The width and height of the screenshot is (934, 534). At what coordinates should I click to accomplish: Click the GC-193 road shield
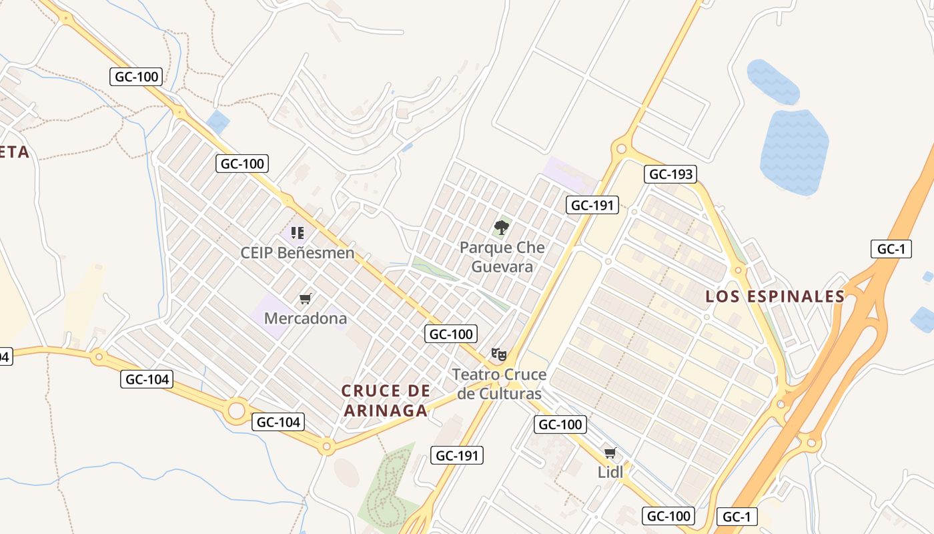coord(670,175)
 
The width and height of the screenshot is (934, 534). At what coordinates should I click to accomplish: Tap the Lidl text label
coord(610,472)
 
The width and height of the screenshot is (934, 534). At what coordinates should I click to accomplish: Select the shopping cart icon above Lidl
coord(610,453)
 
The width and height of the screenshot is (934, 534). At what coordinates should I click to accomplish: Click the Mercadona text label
coord(306,318)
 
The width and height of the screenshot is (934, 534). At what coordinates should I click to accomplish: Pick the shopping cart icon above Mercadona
coord(305,298)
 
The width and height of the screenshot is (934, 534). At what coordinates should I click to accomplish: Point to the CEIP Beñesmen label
coord(298,253)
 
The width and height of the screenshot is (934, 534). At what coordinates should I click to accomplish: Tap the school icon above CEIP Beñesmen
coord(298,233)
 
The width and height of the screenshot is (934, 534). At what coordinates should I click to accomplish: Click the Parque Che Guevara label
coord(502,257)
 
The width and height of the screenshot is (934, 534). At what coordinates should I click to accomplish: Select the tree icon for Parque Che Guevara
coord(502,228)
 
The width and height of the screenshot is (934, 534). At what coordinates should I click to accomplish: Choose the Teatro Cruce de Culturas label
coord(499,384)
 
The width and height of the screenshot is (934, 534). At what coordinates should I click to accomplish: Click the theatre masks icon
coord(498,354)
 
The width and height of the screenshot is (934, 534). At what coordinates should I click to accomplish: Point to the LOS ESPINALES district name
coord(775,296)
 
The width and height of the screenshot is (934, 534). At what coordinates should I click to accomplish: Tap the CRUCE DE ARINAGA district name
coord(386,400)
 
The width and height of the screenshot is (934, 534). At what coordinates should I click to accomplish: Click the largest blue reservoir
coord(794,152)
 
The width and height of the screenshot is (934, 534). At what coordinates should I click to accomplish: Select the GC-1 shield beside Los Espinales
coord(891,249)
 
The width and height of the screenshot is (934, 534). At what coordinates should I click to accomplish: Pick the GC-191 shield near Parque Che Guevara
coord(592,205)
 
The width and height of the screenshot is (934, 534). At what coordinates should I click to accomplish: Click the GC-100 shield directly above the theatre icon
coord(452,334)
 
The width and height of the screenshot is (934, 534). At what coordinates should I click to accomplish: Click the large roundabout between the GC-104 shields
coord(237,411)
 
